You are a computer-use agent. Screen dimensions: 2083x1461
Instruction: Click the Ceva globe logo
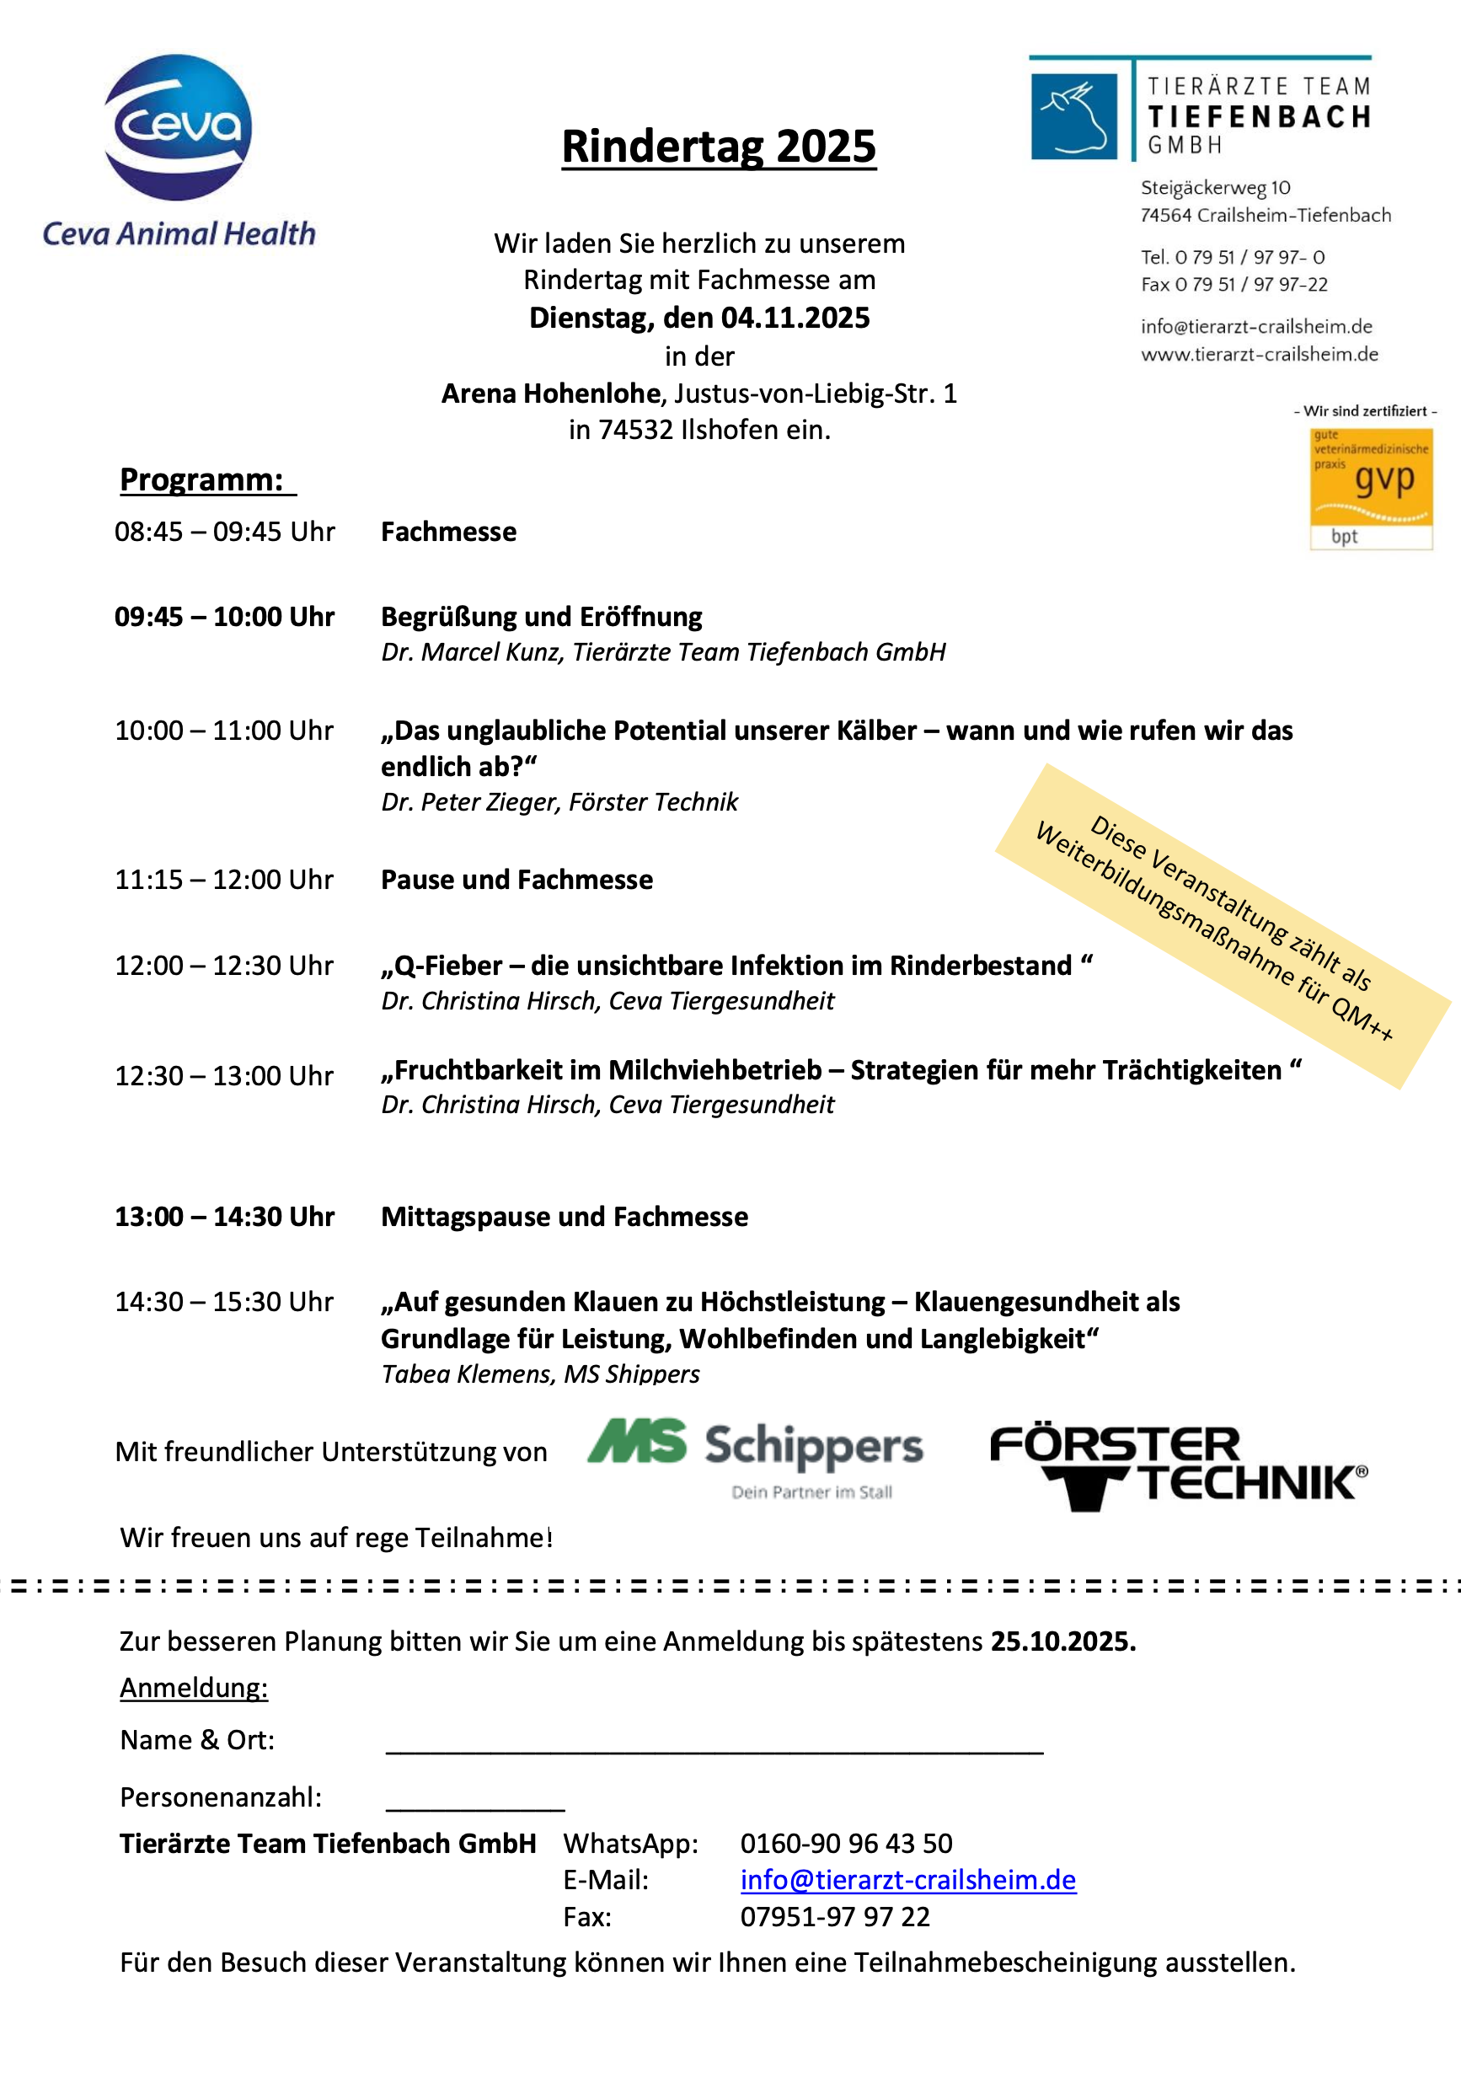click(178, 126)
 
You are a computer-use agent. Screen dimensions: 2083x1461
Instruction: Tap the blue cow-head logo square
click(1073, 116)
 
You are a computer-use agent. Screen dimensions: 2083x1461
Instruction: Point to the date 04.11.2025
click(795, 319)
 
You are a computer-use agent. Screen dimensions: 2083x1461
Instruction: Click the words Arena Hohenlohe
click(550, 394)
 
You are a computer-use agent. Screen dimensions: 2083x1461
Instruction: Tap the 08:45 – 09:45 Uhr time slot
click(224, 532)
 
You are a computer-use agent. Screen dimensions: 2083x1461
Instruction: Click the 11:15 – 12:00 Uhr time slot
click(224, 880)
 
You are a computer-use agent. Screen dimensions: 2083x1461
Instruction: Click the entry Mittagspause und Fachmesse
click(564, 1217)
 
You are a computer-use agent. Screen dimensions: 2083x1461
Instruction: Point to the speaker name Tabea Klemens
click(465, 1374)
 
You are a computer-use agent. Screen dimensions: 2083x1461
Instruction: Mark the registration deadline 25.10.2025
click(1062, 1641)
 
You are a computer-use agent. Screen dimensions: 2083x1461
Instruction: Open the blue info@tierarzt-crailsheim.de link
click(907, 1881)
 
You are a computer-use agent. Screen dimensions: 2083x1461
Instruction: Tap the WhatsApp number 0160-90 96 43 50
click(846, 1844)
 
